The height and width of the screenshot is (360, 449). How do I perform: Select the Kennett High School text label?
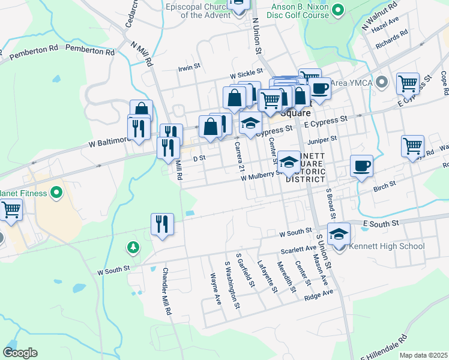click(x=385, y=246)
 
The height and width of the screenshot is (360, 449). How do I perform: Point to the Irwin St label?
click(x=188, y=68)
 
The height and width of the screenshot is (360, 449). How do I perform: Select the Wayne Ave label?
click(x=216, y=290)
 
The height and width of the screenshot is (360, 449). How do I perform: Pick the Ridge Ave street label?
click(x=319, y=295)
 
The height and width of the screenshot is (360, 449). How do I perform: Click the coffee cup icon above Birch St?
click(x=361, y=166)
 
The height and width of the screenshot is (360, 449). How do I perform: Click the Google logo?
click(x=20, y=353)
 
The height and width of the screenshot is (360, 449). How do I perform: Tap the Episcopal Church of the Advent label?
click(x=196, y=11)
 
